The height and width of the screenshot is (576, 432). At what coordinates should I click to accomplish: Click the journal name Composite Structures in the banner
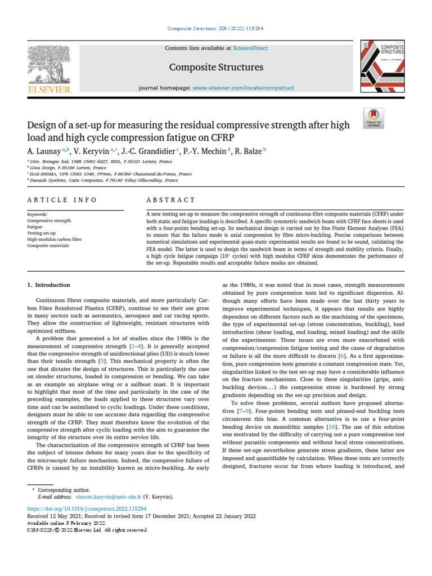(217, 67)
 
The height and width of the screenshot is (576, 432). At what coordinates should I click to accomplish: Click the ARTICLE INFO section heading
(62, 200)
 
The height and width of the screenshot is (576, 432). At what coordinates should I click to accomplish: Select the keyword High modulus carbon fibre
(54, 239)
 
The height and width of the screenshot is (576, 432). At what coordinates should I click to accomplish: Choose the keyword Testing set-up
(43, 233)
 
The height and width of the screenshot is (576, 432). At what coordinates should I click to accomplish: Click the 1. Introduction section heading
(49, 285)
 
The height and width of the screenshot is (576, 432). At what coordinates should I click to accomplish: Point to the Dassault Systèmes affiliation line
(103, 181)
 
